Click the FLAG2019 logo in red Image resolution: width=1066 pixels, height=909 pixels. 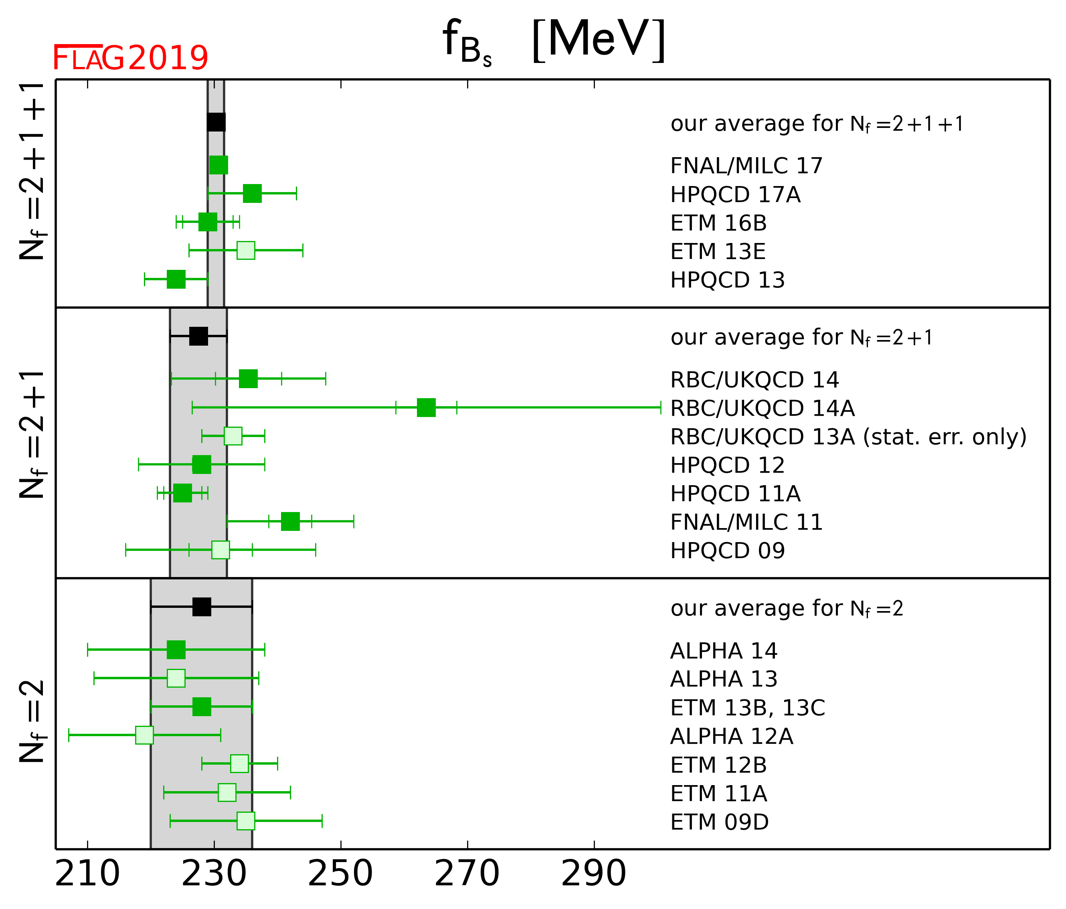click(x=130, y=58)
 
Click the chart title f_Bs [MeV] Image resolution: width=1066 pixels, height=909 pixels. click(x=554, y=41)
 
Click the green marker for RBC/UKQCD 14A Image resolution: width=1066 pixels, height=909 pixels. click(x=426, y=407)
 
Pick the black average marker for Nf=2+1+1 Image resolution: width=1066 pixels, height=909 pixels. click(x=216, y=122)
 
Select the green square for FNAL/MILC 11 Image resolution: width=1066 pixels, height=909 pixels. click(x=290, y=522)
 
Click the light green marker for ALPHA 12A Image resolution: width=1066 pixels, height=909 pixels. click(x=145, y=735)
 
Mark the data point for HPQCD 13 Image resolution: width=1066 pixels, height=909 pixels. click(x=176, y=279)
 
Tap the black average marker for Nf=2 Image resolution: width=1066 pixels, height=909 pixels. click(x=202, y=607)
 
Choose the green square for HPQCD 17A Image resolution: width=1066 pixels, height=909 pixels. click(x=252, y=193)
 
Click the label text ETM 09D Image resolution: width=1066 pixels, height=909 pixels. click(x=719, y=822)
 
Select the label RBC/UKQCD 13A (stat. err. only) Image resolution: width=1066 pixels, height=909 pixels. click(x=848, y=437)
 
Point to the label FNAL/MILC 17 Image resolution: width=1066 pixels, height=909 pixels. click(x=746, y=166)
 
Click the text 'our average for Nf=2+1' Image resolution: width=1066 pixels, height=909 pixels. click(x=801, y=338)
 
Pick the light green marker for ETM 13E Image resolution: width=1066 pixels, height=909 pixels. click(x=246, y=251)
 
